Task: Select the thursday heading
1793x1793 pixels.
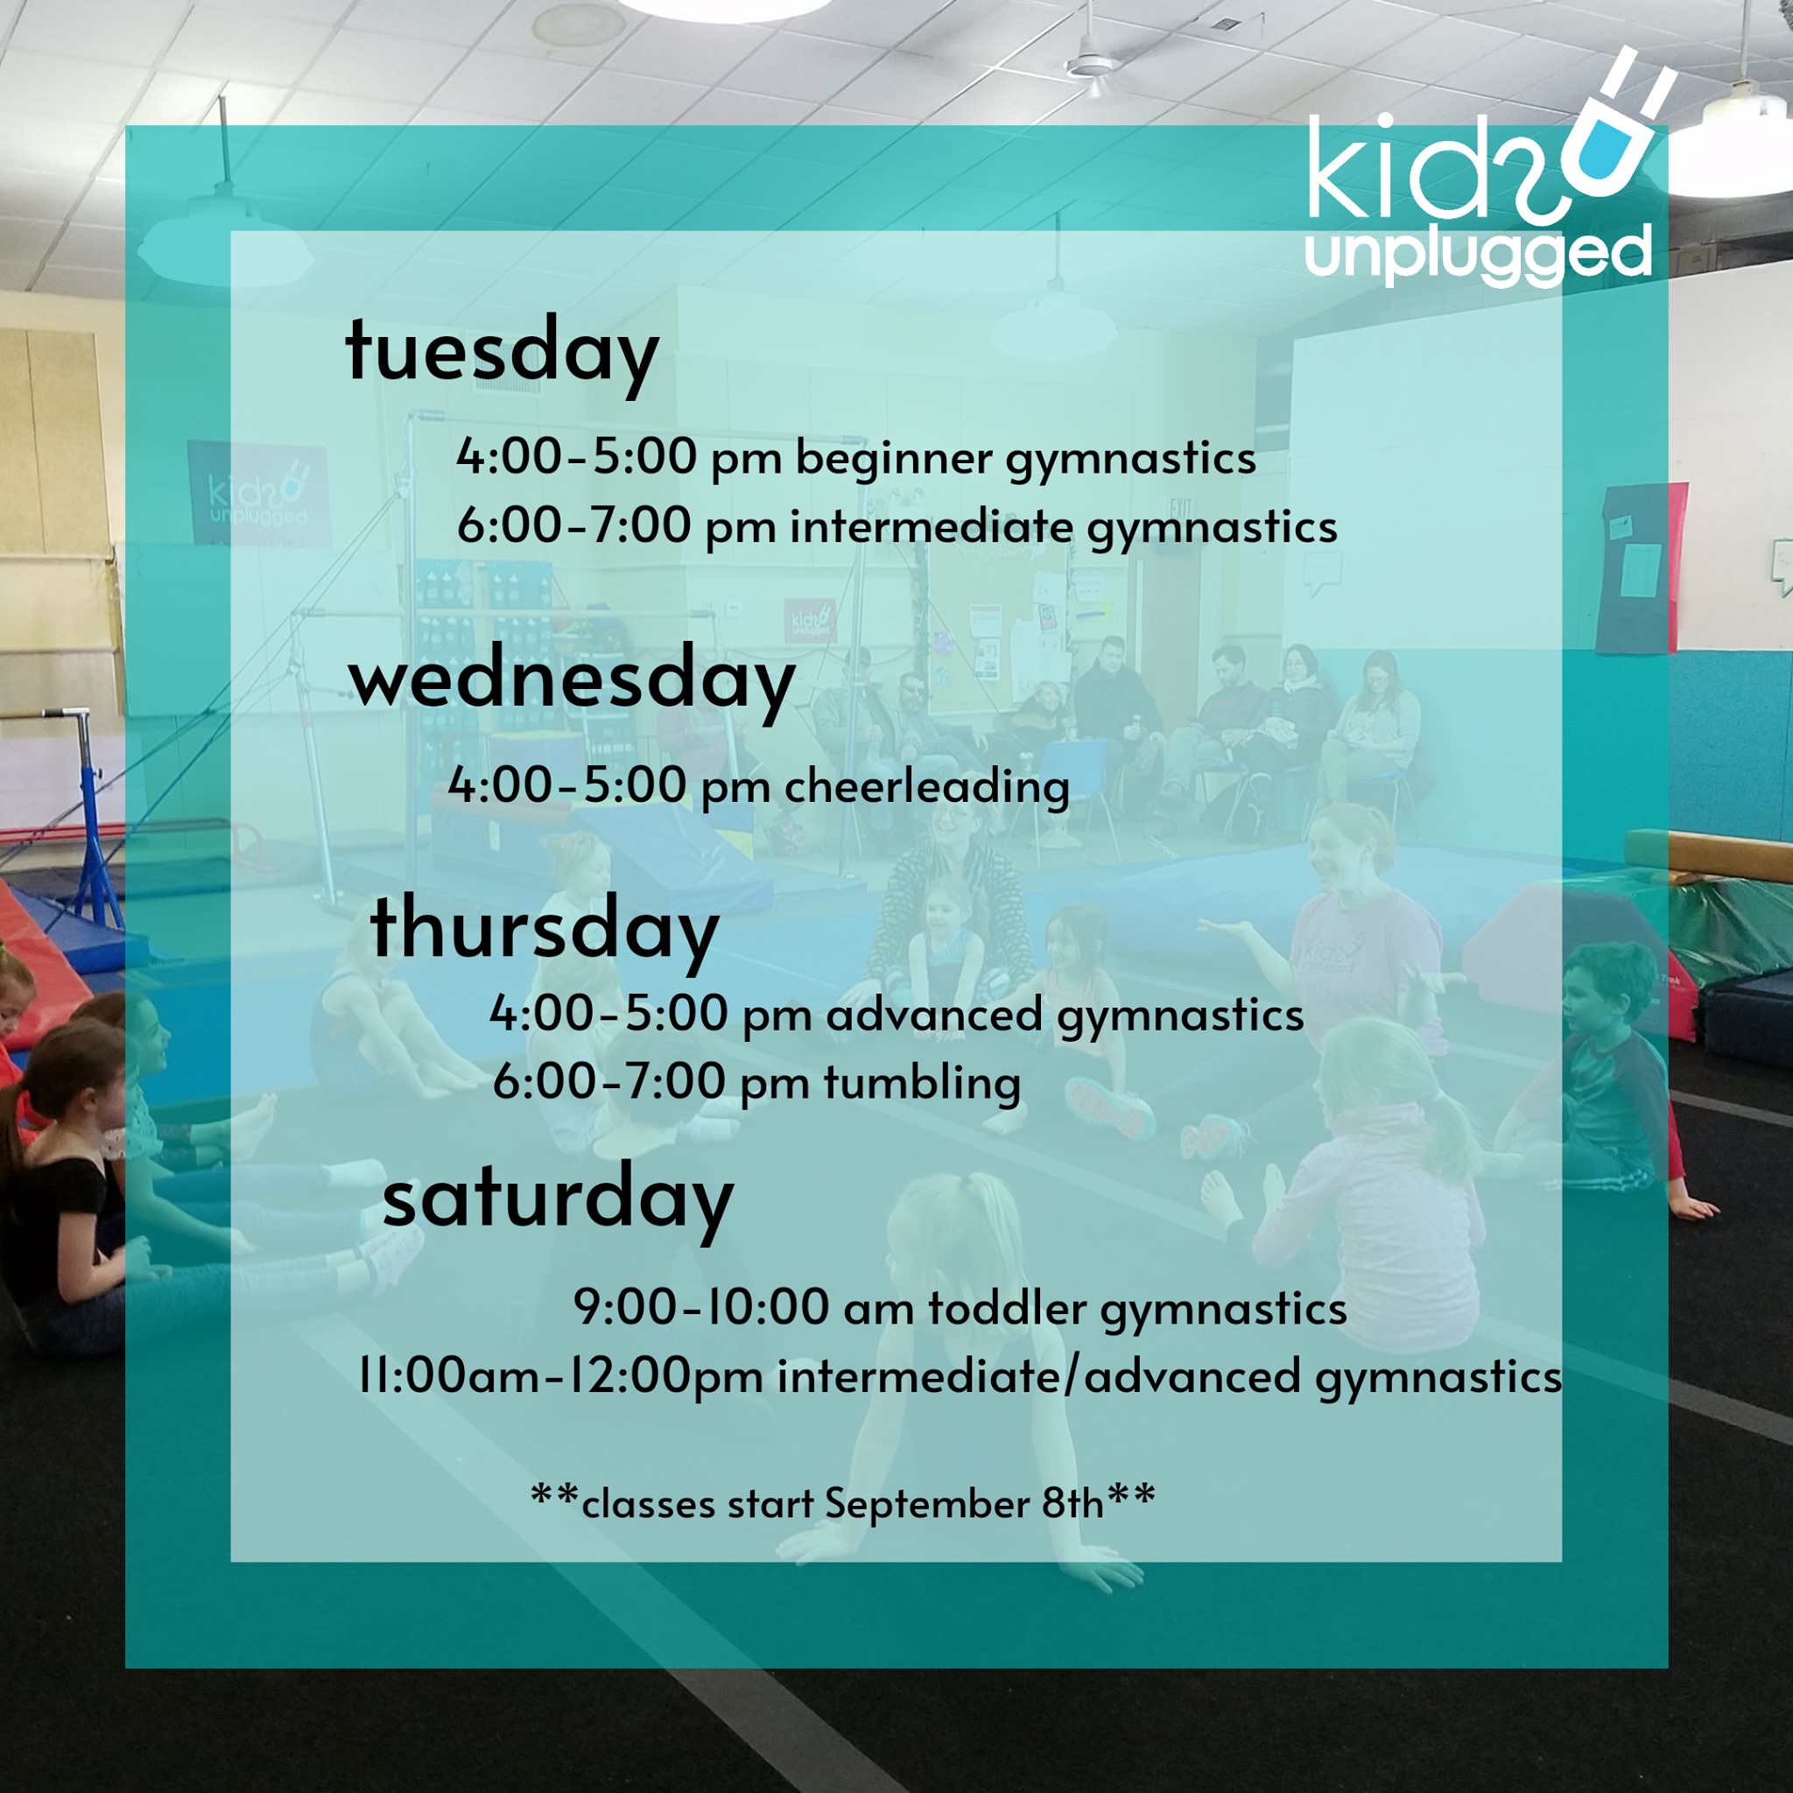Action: coord(544,931)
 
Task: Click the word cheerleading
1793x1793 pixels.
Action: coord(927,787)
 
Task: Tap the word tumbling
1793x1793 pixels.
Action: coord(922,1082)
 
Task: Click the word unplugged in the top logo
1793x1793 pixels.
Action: coord(1479,253)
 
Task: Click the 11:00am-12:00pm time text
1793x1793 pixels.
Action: coord(560,1376)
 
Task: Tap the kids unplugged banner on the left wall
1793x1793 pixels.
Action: coord(259,496)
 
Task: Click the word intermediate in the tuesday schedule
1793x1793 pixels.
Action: coord(932,527)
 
